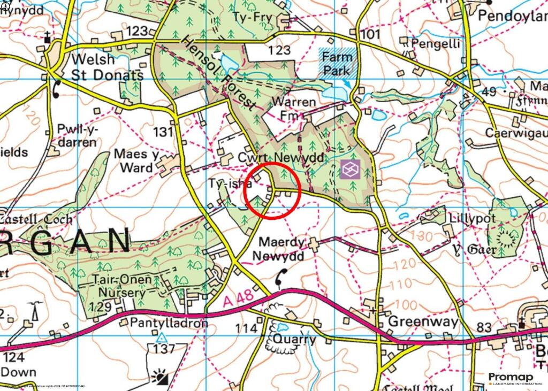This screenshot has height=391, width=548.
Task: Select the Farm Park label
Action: point(336,63)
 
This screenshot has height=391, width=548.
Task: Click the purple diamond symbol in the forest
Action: point(348,170)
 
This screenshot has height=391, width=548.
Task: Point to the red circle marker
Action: point(272,190)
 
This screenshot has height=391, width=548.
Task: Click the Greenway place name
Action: point(423,322)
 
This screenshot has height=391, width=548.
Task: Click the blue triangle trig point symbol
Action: point(161,338)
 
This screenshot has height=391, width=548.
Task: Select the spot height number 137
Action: point(163,349)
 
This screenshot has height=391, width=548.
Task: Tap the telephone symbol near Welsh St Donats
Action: point(56,89)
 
